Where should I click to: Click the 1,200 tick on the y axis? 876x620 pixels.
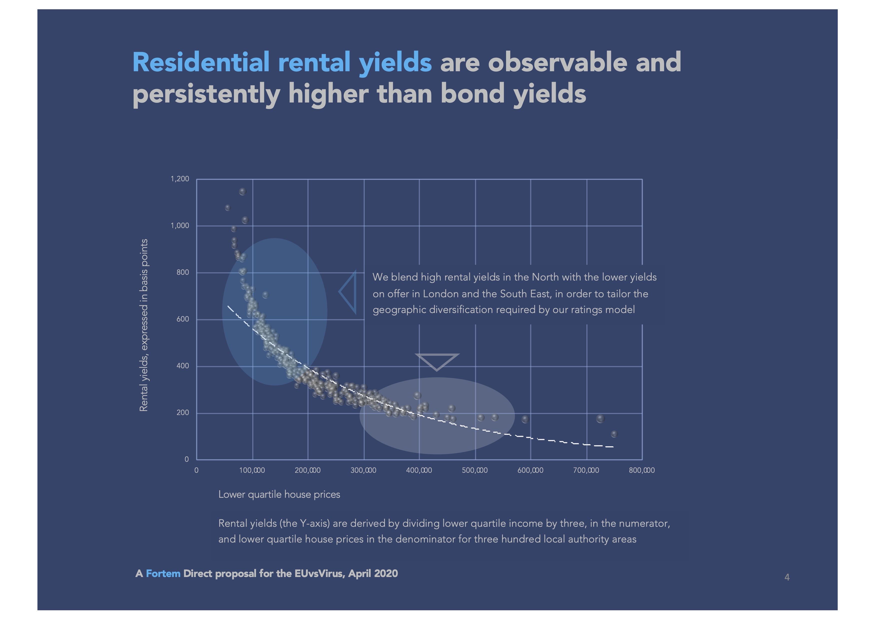(x=180, y=179)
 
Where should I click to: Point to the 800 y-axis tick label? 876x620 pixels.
(x=183, y=272)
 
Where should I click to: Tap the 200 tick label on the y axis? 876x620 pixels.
(x=183, y=413)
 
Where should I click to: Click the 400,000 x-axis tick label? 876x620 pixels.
(x=419, y=470)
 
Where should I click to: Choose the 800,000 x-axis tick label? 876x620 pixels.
(x=642, y=470)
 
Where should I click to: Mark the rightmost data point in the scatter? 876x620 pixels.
(x=614, y=434)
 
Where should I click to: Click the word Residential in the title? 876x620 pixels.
(x=201, y=62)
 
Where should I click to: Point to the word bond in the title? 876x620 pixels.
(x=472, y=93)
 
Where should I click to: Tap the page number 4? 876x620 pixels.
(x=787, y=577)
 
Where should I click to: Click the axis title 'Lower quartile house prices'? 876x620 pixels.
(x=279, y=494)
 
